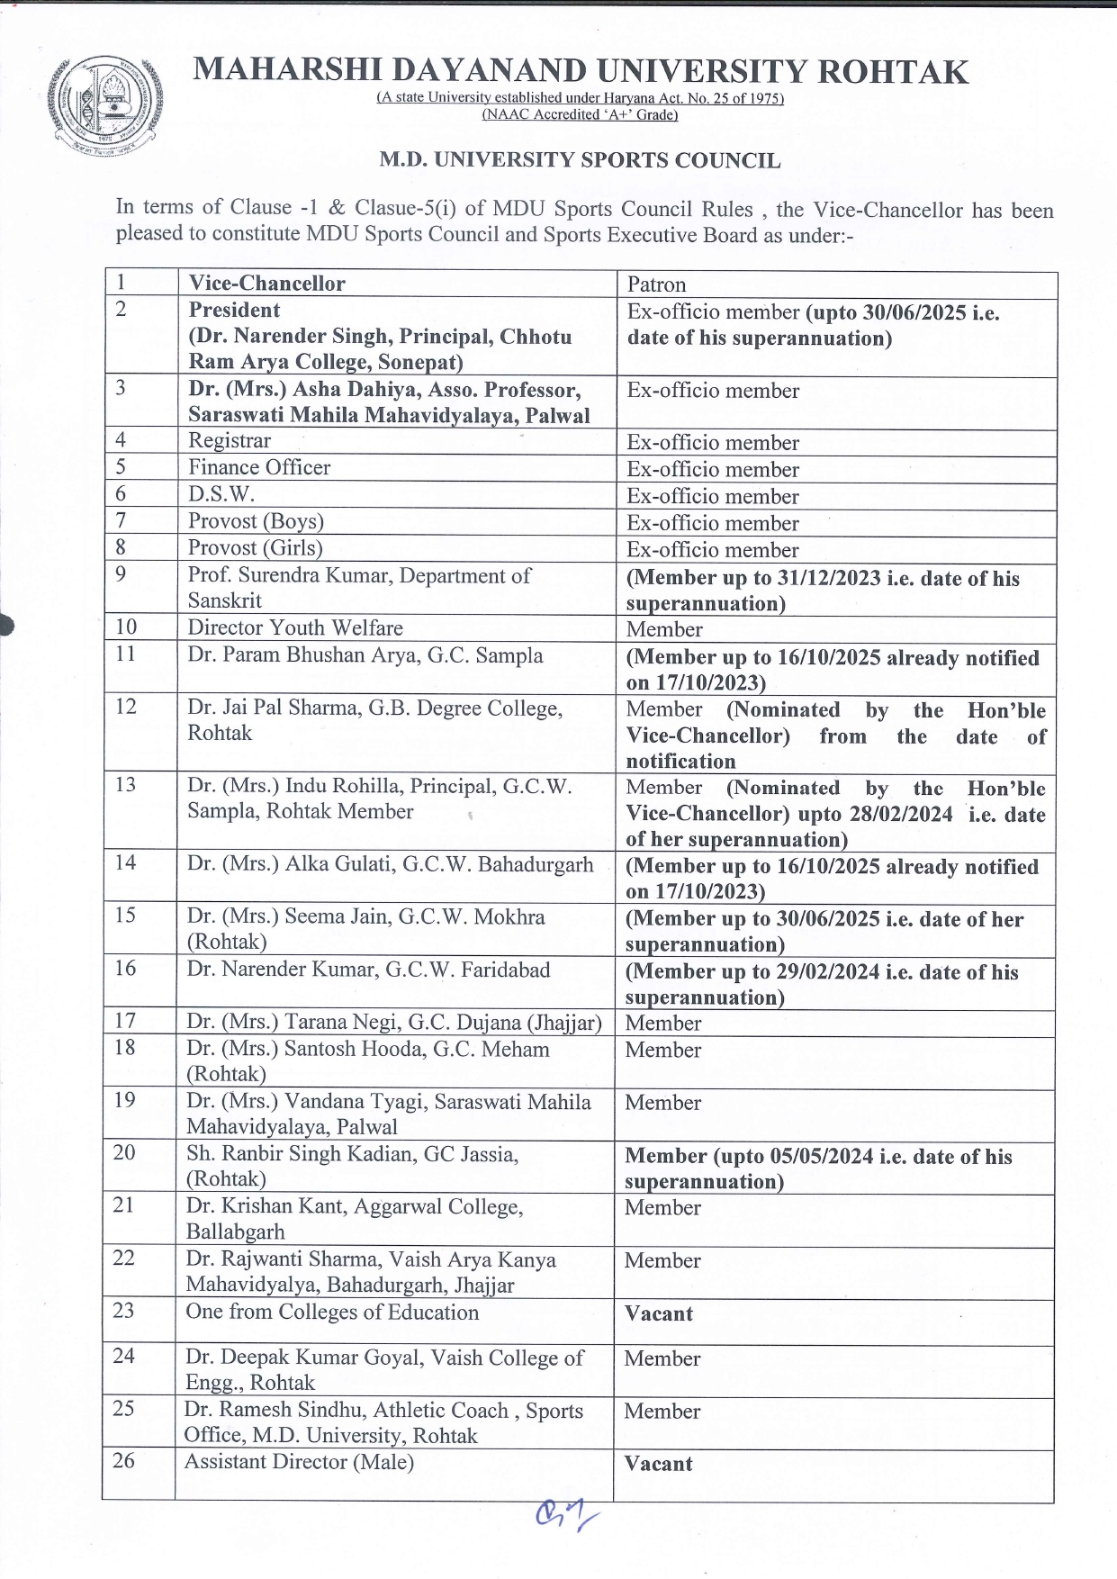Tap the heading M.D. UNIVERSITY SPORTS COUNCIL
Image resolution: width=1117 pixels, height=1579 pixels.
click(x=580, y=161)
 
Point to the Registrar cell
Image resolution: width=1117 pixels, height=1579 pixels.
click(x=230, y=440)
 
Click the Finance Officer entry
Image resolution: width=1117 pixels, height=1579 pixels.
click(x=259, y=467)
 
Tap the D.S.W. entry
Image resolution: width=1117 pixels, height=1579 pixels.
click(x=221, y=494)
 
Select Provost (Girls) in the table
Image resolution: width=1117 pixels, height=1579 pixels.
click(x=255, y=547)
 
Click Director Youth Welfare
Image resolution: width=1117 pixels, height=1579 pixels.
click(x=295, y=627)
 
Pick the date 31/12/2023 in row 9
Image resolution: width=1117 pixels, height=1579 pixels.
click(x=829, y=579)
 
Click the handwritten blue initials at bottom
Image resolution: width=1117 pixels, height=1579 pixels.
click(x=565, y=1516)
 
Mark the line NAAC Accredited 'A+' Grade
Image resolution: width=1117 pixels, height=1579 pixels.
click(x=580, y=115)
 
